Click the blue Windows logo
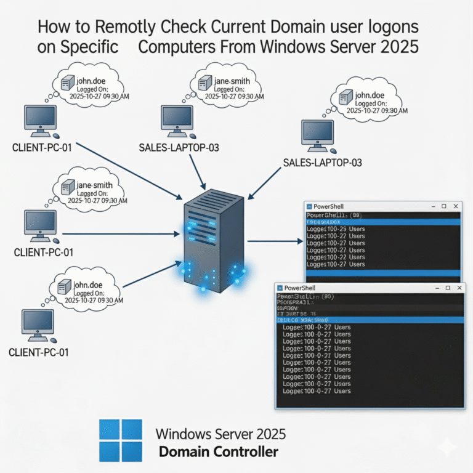(120, 441)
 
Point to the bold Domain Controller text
(219, 452)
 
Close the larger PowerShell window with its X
(455, 287)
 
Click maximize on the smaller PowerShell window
(442, 206)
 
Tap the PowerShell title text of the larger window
(302, 288)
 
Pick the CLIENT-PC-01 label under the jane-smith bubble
(43, 252)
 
